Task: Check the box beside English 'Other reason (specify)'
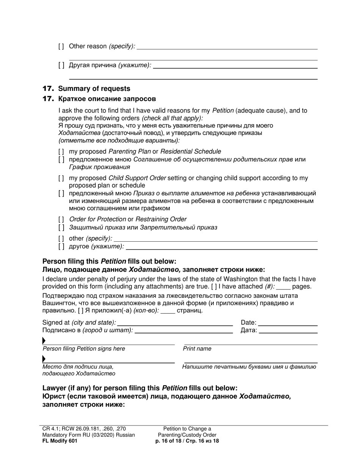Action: pos(61,46)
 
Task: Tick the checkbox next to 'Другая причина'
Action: pos(61,65)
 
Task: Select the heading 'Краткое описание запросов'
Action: pos(107,99)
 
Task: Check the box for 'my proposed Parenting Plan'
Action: pos(61,152)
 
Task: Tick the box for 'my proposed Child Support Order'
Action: pos(61,178)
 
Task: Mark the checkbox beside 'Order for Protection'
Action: pos(61,219)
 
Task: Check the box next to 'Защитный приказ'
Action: pos(61,228)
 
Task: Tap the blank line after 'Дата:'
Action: pos(288,331)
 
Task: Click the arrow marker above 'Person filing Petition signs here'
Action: pos(44,341)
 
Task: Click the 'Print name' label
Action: pos(197,349)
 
